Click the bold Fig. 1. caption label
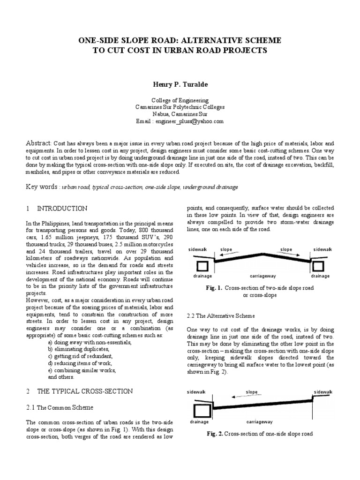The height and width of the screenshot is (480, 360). coord(214,288)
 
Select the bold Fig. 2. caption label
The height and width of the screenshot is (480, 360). coord(215,434)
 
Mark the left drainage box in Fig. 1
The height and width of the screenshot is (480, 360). coord(203,267)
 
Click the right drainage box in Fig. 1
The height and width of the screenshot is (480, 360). coord(318,267)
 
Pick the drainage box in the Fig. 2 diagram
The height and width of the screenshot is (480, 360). coord(202,411)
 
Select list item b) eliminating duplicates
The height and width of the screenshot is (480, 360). coord(79,349)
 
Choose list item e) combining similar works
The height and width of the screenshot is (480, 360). coord(82,370)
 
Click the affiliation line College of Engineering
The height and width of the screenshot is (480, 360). coord(180,100)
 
